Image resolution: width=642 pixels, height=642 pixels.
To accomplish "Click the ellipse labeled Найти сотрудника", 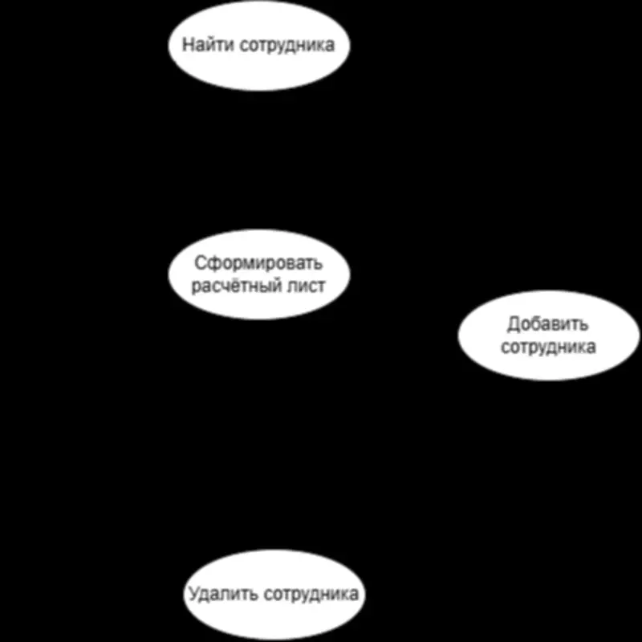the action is (259, 46).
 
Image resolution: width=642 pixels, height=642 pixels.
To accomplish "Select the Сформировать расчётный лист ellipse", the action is (259, 274).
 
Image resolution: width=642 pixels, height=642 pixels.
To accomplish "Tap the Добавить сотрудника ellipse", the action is (549, 335).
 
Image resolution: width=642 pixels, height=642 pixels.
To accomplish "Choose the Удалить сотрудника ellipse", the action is (274, 594).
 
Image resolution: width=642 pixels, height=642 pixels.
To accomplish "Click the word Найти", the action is (209, 44).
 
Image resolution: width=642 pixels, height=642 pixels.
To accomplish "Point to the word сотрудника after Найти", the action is (287, 45).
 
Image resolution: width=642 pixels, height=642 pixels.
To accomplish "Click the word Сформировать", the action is (258, 263).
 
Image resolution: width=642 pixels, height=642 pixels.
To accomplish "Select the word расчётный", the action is (235, 286).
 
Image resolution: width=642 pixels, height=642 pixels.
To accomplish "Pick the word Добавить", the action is (548, 324).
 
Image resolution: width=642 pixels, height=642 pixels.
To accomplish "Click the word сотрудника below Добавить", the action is (548, 347).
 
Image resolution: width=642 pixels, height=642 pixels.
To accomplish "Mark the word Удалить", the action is (223, 594).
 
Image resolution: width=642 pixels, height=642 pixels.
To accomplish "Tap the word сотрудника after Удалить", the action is (311, 594).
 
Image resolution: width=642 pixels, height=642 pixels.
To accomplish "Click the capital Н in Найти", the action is (188, 44).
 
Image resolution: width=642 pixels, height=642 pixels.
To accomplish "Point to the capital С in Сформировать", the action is (200, 263).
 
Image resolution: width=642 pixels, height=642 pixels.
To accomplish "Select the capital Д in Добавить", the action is (514, 324).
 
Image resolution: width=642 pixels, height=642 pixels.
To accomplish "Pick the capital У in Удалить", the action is (194, 594).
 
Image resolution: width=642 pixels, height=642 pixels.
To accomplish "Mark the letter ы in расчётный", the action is (263, 286).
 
